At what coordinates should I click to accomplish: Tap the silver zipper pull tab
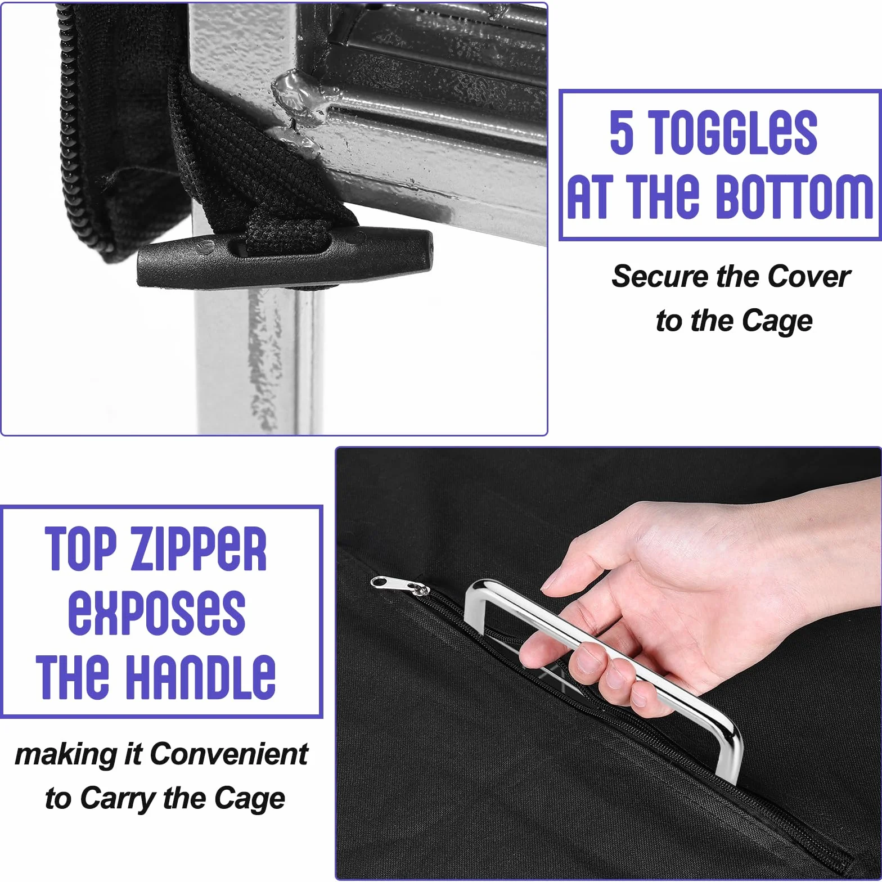click(399, 586)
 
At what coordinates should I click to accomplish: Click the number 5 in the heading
click(622, 132)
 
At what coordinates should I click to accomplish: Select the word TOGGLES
click(734, 132)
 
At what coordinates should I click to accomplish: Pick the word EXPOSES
click(157, 613)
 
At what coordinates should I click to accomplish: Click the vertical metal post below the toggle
click(259, 360)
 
